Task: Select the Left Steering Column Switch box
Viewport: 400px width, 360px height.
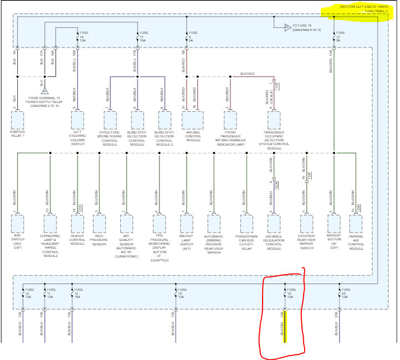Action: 77,120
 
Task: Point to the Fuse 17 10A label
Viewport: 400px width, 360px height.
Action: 144,37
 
